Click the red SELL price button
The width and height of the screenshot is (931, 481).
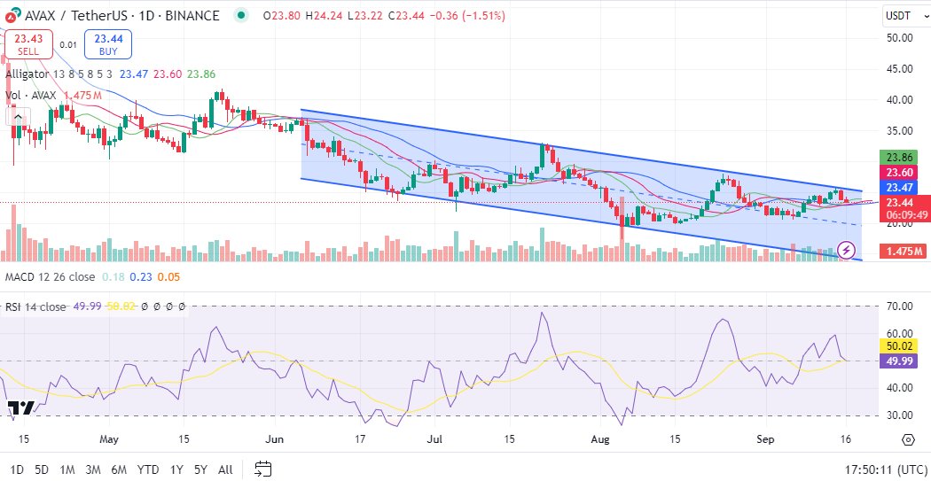(x=28, y=44)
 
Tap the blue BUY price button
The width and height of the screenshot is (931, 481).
(x=108, y=44)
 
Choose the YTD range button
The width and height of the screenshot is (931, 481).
(x=148, y=469)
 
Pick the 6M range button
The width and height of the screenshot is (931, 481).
(x=119, y=469)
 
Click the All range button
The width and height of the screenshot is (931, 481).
(x=225, y=469)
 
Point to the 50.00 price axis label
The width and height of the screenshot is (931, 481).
(x=901, y=37)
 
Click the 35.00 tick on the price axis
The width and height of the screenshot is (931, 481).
(x=901, y=130)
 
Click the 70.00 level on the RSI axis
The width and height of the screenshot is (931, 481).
(x=901, y=306)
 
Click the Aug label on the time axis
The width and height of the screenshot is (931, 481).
(x=600, y=438)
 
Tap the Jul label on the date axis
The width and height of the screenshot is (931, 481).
(x=434, y=438)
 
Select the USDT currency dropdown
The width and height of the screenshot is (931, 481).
(x=904, y=15)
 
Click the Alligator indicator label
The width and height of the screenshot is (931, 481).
(x=27, y=74)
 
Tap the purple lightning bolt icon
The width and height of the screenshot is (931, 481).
(x=848, y=252)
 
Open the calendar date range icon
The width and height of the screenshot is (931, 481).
(x=263, y=469)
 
